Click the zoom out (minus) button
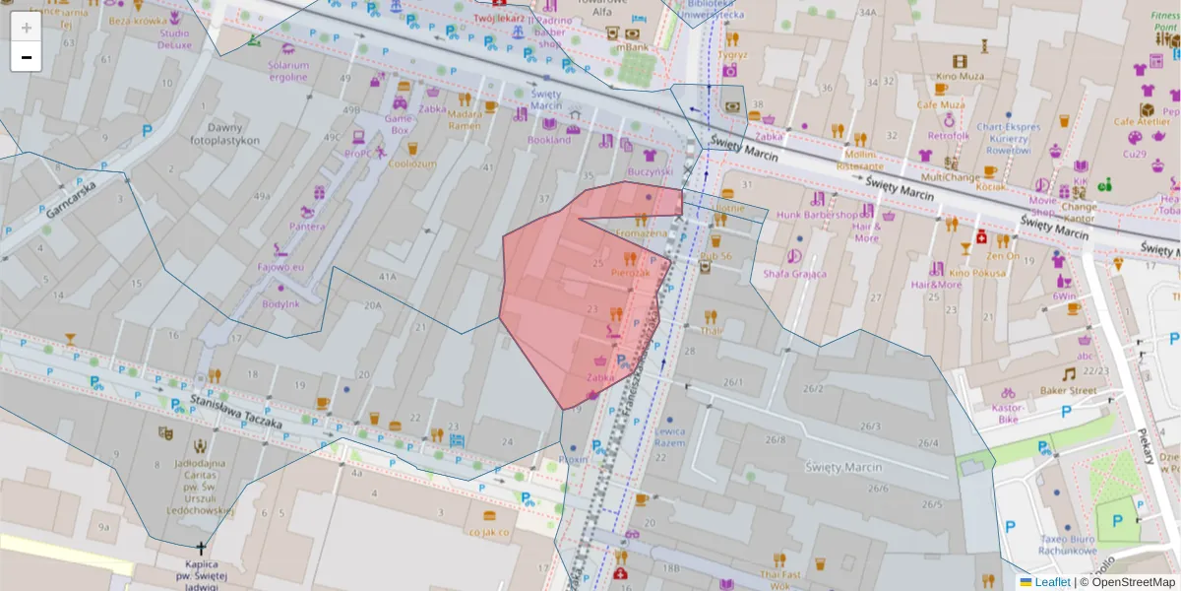tap(27, 57)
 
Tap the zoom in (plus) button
tap(27, 28)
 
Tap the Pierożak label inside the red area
tap(630, 272)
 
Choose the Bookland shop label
tap(548, 140)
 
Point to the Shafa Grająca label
tap(794, 274)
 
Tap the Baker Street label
tap(1068, 390)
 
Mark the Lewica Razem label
tap(669, 437)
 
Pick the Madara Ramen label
tap(465, 119)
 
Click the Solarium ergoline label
tap(287, 71)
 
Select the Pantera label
tap(307, 227)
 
